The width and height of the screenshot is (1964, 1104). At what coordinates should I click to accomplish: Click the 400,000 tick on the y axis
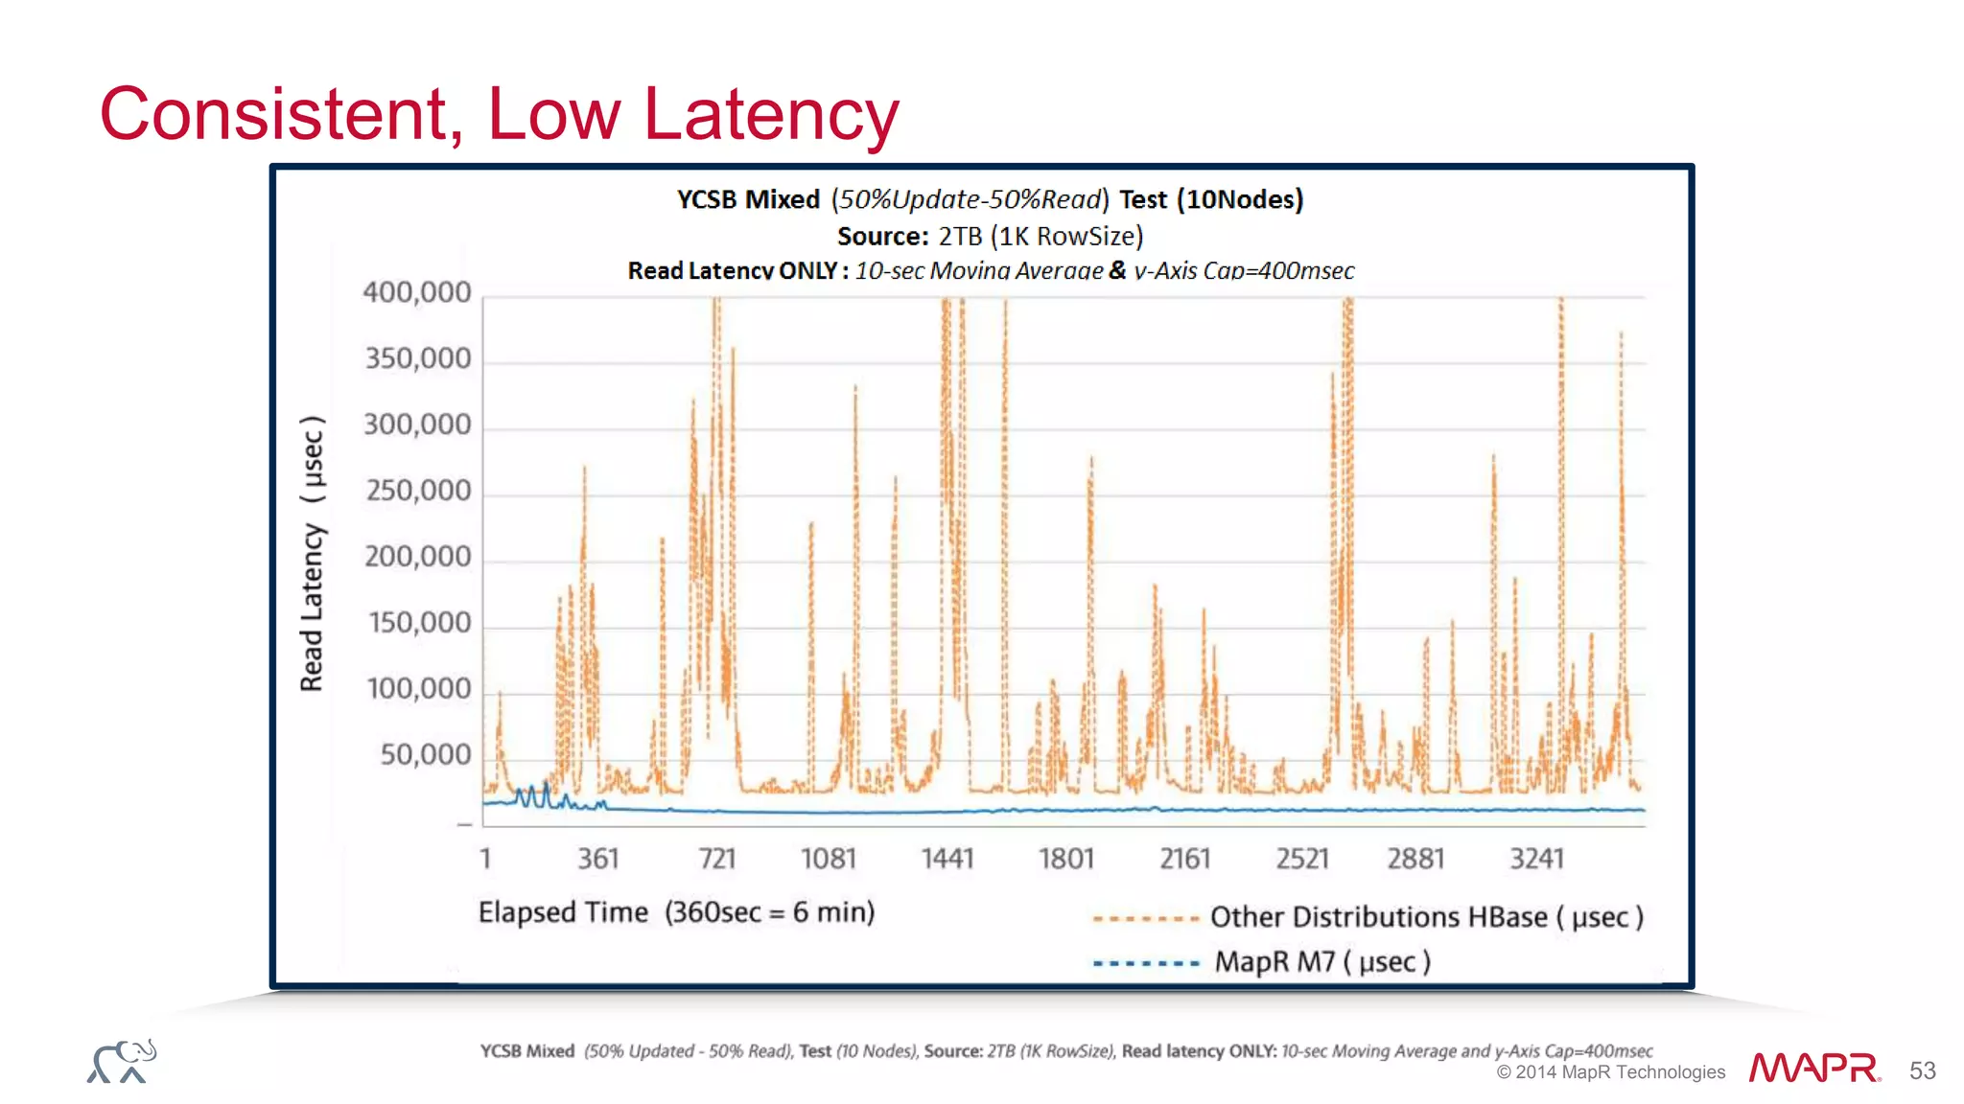click(x=417, y=292)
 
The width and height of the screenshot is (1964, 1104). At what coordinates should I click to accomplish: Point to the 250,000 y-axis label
click(x=419, y=491)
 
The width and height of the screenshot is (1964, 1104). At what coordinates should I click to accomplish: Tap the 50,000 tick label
click(x=426, y=755)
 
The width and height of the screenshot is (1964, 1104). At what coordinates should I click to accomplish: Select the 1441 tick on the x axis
click(x=947, y=859)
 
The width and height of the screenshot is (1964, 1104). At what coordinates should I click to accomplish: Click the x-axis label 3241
click(x=1536, y=859)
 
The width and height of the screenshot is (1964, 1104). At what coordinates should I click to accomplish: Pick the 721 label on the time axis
click(x=716, y=859)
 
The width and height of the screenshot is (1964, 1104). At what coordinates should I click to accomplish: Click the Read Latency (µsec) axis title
click(x=313, y=554)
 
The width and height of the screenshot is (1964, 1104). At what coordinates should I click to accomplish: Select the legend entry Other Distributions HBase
click(x=1426, y=917)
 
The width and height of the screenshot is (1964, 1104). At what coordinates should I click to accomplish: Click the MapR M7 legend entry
click(x=1322, y=961)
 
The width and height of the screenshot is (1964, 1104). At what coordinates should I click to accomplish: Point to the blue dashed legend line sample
click(x=1146, y=963)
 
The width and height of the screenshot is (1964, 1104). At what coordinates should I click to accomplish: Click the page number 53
click(x=1922, y=1070)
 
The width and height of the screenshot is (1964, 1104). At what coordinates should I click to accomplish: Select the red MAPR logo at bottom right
click(x=1813, y=1068)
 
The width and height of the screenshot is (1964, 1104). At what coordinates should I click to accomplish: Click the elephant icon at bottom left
click(x=122, y=1061)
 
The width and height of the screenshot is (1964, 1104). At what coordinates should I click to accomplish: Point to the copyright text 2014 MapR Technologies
click(x=1611, y=1072)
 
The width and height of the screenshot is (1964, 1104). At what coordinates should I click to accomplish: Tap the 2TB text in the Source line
click(x=960, y=237)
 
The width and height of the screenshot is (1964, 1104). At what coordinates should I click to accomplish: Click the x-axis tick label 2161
click(x=1185, y=859)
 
